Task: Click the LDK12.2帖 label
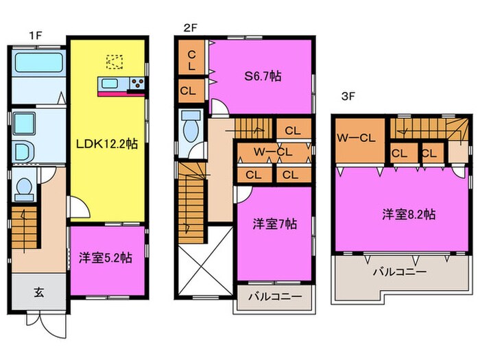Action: [x=107, y=143]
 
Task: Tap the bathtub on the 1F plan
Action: [x=38, y=63]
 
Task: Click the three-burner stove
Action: [x=137, y=83]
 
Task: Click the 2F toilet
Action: [x=191, y=127]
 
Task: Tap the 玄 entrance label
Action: [x=38, y=292]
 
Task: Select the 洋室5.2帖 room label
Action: [x=106, y=258]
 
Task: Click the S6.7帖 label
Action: [x=263, y=75]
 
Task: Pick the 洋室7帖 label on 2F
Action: [x=274, y=224]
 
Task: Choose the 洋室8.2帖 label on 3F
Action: [x=409, y=214]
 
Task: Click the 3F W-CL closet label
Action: [x=356, y=138]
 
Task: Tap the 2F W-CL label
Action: [x=273, y=152]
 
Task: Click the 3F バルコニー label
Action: [x=400, y=272]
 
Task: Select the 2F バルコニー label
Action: [x=275, y=296]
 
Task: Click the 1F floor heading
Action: [x=35, y=36]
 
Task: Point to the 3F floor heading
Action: [x=348, y=97]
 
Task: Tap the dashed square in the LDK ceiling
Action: [x=115, y=62]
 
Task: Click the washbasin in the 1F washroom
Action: [x=24, y=123]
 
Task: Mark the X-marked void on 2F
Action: [x=206, y=261]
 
